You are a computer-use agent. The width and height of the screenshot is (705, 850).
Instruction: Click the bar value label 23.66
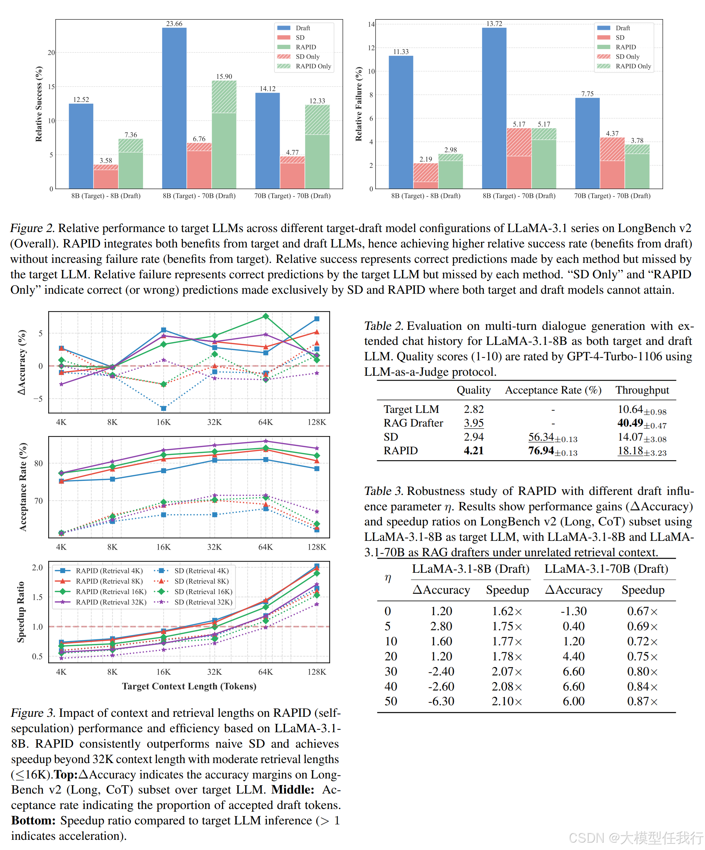(x=174, y=24)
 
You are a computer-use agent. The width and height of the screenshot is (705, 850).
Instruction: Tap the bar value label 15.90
(x=224, y=76)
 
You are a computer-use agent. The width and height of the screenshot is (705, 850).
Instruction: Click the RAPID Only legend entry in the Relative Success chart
(x=313, y=66)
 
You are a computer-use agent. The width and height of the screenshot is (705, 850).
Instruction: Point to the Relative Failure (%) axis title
(x=358, y=104)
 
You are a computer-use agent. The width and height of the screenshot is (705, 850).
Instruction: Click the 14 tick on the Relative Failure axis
(x=371, y=24)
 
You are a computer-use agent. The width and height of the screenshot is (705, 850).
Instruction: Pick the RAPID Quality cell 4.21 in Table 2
(x=473, y=450)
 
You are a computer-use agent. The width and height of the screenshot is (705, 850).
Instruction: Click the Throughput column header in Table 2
(x=642, y=390)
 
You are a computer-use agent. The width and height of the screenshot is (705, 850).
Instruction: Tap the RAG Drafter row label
(x=413, y=423)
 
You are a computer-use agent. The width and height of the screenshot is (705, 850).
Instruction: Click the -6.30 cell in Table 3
(x=441, y=701)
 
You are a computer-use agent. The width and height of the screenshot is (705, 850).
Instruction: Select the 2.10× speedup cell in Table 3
(x=507, y=701)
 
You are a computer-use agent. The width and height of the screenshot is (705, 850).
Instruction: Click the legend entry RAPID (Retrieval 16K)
(x=111, y=592)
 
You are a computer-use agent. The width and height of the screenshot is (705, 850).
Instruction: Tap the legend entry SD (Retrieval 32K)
(x=203, y=602)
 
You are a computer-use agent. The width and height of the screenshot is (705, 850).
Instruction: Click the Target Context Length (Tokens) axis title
(x=189, y=686)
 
